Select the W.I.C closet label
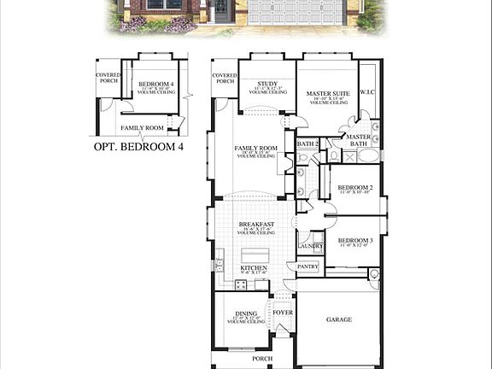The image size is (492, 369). point(368,92)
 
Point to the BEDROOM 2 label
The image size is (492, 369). point(354,187)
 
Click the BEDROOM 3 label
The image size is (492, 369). point(354,241)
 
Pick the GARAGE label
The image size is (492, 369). point(338,319)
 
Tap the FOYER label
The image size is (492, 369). point(282,313)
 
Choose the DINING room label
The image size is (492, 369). point(245,313)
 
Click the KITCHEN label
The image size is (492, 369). point(254,268)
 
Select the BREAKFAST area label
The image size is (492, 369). point(255,225)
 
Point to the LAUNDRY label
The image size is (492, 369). point(310,246)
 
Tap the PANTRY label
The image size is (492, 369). point(307,266)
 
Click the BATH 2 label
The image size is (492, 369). point(307,143)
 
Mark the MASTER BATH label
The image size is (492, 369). point(358,140)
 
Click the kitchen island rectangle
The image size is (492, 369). point(255,255)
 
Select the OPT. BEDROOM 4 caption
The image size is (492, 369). point(138,146)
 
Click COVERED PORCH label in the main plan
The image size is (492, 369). point(225,78)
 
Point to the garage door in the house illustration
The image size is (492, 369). point(296,12)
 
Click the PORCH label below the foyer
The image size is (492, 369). point(262,359)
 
